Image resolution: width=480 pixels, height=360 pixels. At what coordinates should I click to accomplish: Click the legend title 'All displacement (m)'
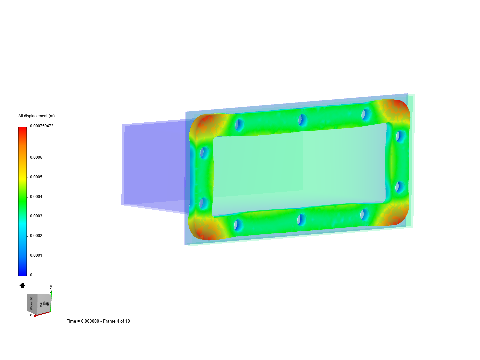36,116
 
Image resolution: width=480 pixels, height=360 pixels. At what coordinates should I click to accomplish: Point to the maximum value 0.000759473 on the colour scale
42,126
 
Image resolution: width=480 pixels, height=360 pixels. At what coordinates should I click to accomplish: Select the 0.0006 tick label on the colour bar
36,157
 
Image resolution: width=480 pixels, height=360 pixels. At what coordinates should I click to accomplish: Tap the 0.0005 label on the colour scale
36,177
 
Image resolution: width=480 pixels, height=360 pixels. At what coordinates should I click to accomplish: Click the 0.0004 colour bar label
36,197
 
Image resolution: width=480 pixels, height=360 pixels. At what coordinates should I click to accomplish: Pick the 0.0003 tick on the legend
36,216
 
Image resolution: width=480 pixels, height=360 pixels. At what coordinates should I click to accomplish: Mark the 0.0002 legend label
36,236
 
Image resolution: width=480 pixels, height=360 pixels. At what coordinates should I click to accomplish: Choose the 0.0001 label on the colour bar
36,255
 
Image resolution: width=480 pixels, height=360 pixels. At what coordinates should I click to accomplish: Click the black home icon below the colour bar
22,285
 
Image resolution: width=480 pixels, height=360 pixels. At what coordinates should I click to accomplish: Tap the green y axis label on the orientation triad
51,287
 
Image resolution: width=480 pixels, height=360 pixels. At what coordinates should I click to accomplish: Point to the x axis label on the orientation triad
31,315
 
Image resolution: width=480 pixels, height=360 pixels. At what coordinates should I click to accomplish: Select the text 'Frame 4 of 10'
116,321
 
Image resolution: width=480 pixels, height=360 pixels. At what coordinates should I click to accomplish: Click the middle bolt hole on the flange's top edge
302,120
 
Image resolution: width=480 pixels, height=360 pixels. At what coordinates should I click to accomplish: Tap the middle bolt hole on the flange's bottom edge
301,220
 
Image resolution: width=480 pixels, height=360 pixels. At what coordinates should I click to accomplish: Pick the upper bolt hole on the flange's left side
204,153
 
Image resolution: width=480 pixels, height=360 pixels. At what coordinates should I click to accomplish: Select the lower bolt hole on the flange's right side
399,187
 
